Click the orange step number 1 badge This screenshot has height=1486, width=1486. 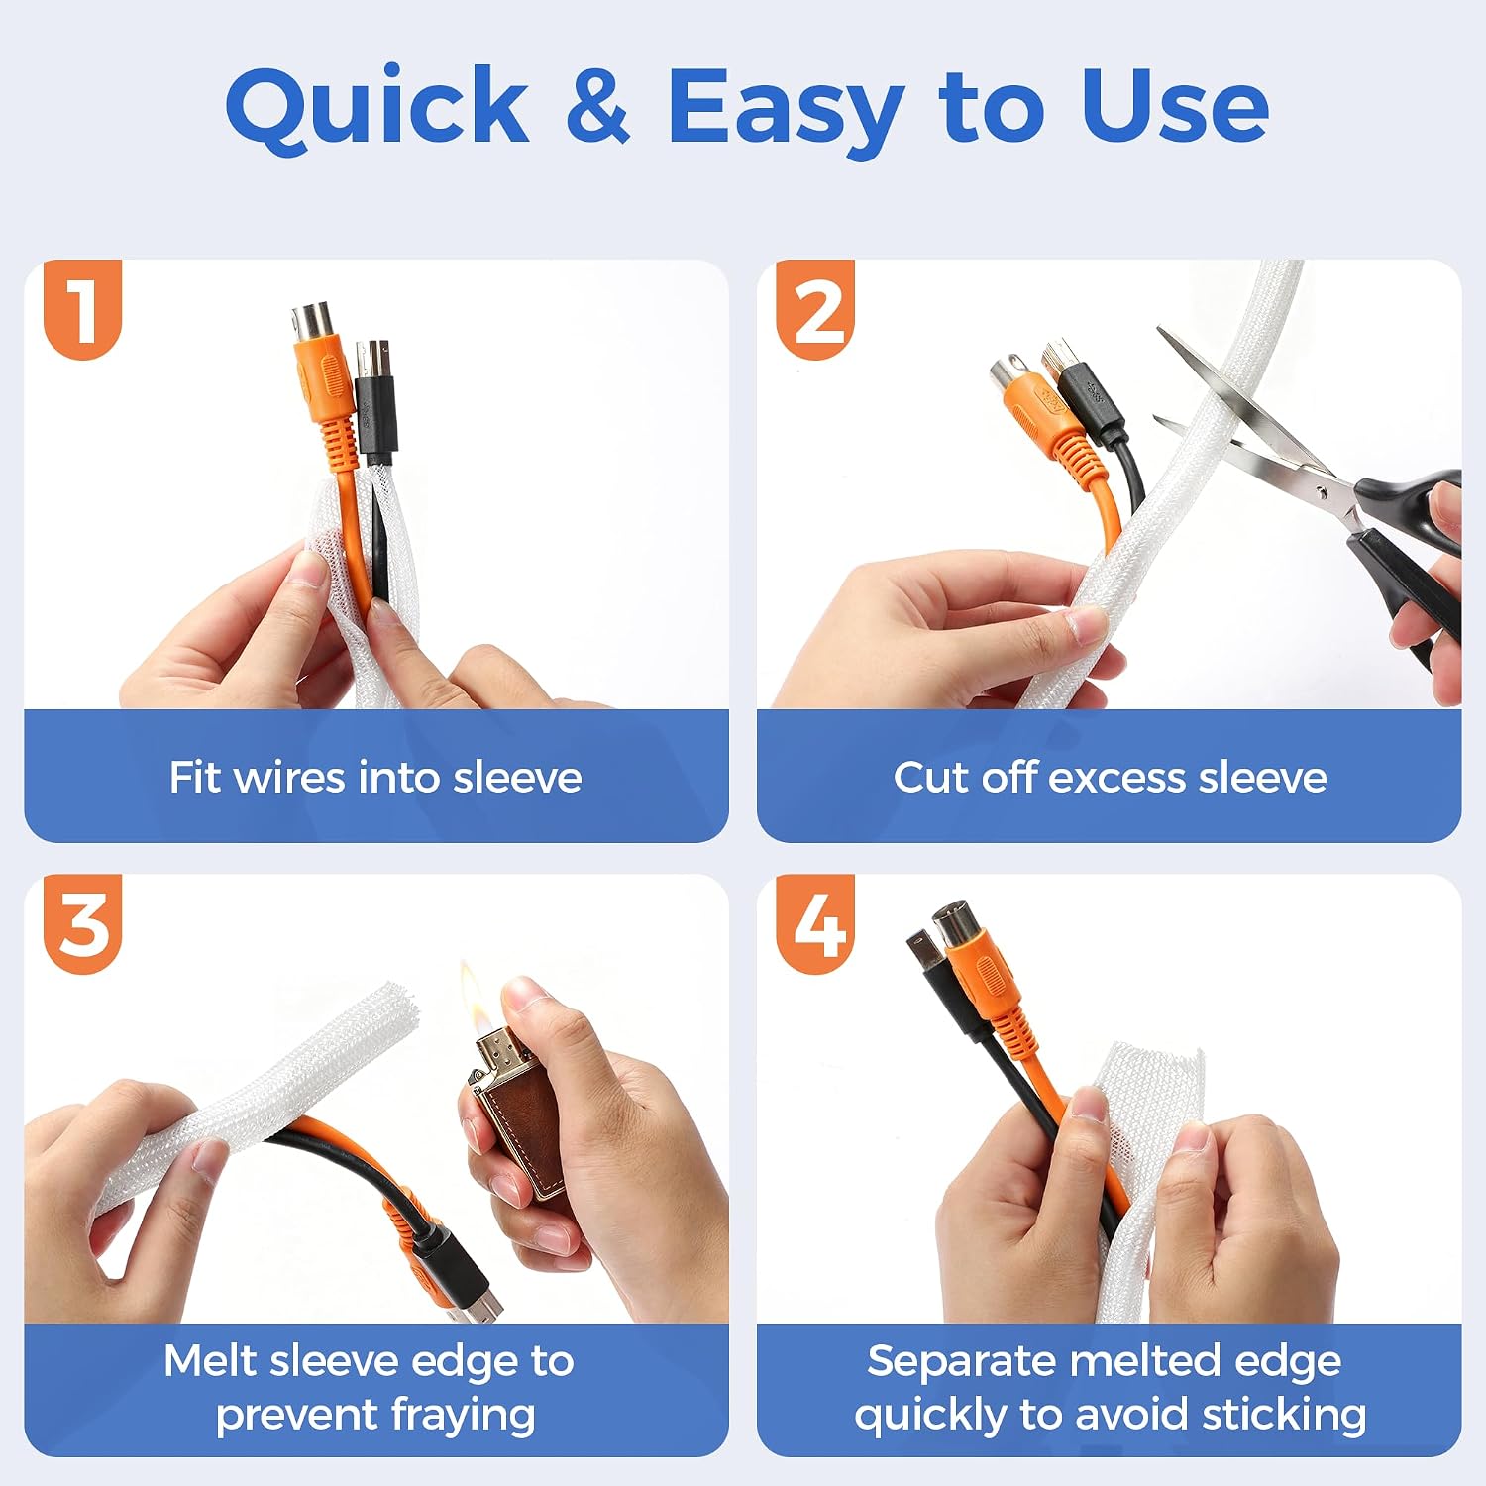[83, 308]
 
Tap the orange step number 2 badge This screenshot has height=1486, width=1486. [815, 308]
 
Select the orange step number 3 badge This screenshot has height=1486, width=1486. [83, 923]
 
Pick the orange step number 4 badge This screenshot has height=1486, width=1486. [815, 923]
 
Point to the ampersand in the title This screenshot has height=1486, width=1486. [598, 105]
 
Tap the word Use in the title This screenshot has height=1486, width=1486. [1175, 105]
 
